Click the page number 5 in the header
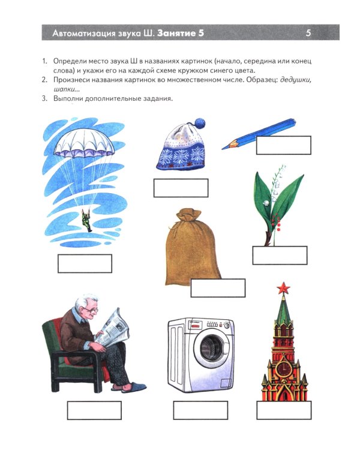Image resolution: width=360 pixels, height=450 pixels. click(308, 33)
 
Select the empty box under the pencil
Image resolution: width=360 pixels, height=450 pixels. click(283, 145)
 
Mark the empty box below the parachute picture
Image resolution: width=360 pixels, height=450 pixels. click(85, 263)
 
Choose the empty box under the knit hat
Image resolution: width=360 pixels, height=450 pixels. click(181, 188)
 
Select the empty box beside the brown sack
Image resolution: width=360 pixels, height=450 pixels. click(218, 288)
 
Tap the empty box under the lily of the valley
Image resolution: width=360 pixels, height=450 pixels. click(280, 255)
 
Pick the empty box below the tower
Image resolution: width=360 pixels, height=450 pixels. click(284, 410)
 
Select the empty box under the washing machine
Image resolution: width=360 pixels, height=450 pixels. click(200, 410)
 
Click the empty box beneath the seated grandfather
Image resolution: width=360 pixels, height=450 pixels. click(94, 410)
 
